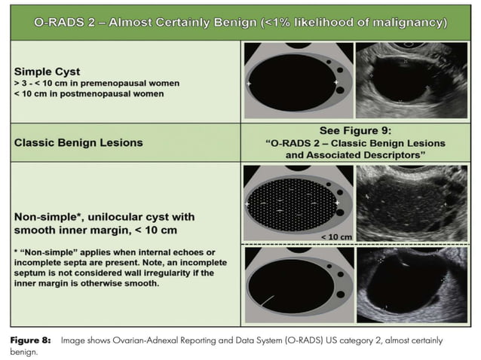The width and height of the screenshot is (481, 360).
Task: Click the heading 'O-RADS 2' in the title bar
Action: [x=69, y=23]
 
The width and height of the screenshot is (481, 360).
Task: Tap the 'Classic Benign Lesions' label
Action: [x=78, y=142]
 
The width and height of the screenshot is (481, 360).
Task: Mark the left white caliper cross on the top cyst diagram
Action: [x=249, y=84]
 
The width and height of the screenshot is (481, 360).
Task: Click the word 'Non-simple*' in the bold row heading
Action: [x=45, y=214]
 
